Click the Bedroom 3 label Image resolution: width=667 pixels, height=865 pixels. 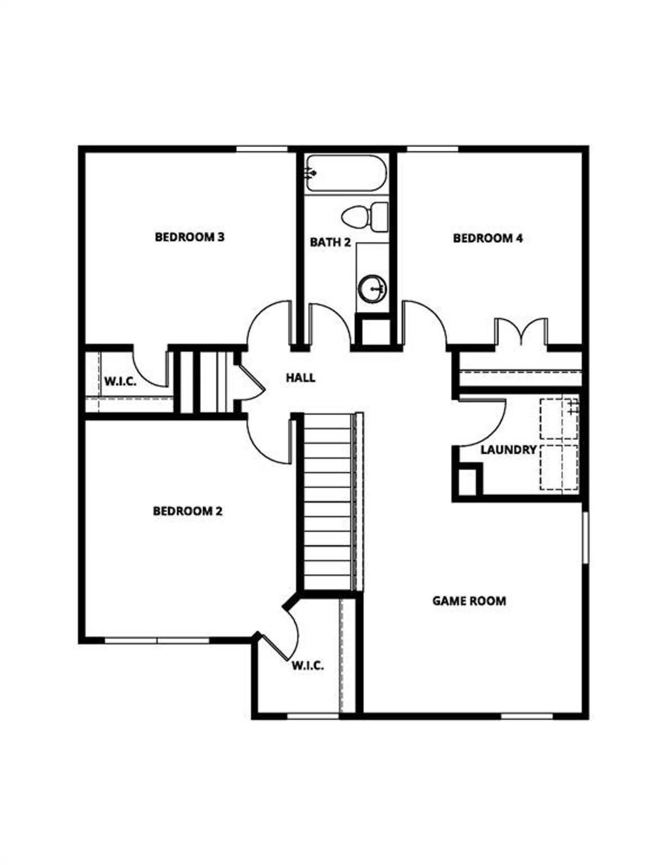190,237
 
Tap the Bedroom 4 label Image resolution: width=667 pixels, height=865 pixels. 488,238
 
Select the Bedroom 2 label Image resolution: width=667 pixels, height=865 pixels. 188,511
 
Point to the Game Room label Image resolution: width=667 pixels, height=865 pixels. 469,600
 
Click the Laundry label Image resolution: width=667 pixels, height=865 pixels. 508,450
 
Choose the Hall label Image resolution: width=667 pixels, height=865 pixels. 301,378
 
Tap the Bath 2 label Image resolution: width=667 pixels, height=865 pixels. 330,242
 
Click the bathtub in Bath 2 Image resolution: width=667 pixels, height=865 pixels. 346,173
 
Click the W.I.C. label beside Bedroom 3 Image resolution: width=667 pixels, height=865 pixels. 120,381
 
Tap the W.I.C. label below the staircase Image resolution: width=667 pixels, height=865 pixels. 307,666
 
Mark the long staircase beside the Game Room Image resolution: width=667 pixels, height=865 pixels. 328,501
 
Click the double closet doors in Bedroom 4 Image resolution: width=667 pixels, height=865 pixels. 520,331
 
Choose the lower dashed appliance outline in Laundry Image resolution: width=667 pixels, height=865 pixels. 559,467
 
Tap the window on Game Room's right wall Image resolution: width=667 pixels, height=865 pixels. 585,537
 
